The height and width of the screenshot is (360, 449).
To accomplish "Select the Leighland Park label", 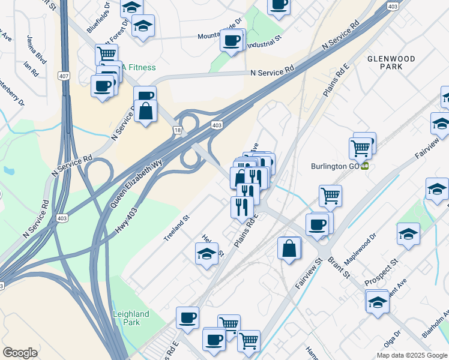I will (x=131, y=318).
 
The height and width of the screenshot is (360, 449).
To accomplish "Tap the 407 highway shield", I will (x=63, y=76).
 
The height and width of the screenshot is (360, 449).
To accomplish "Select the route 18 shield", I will (x=177, y=130).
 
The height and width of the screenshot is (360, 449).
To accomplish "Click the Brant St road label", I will (x=339, y=268).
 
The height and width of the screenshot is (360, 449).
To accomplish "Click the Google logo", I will (x=20, y=353).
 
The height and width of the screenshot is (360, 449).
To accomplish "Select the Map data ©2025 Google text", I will (x=412, y=355).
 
